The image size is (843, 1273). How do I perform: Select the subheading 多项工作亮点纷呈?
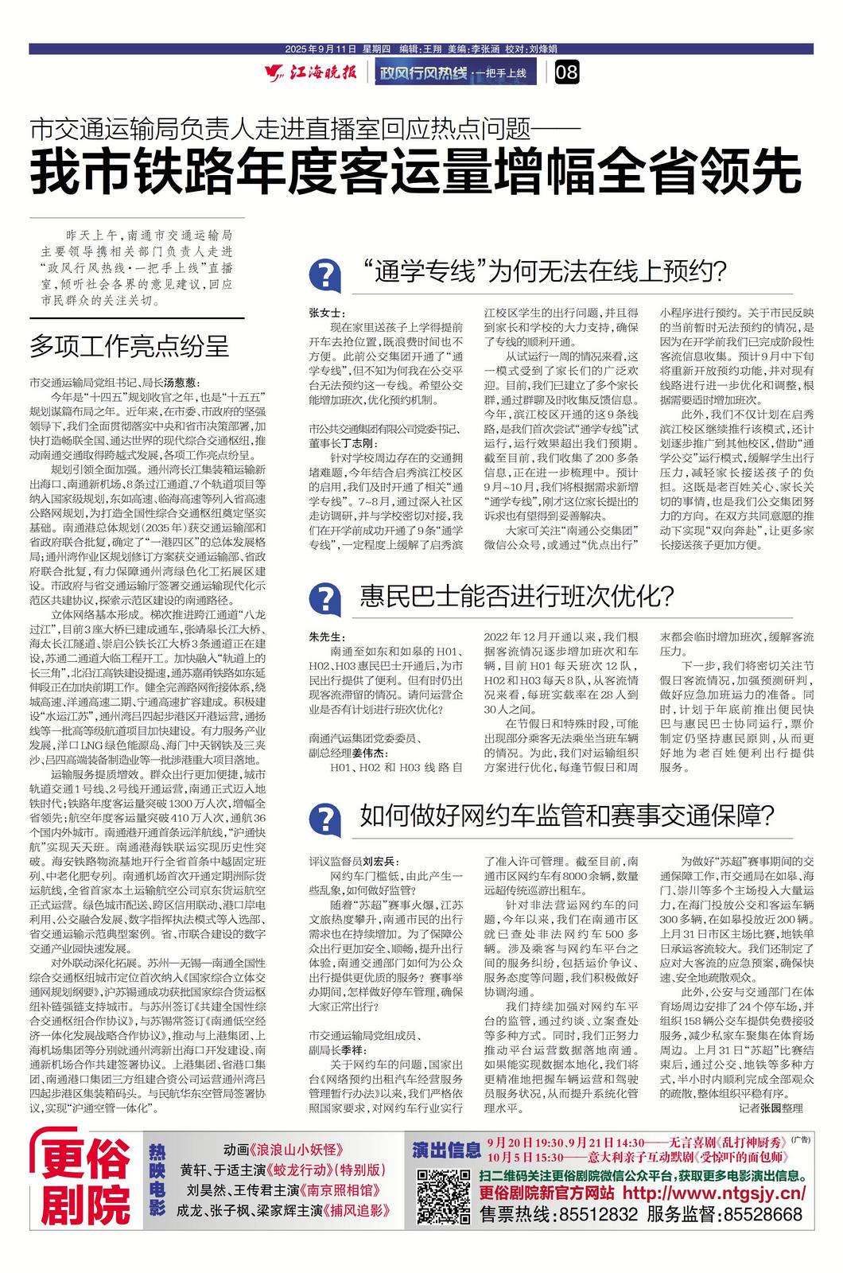click(129, 346)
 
